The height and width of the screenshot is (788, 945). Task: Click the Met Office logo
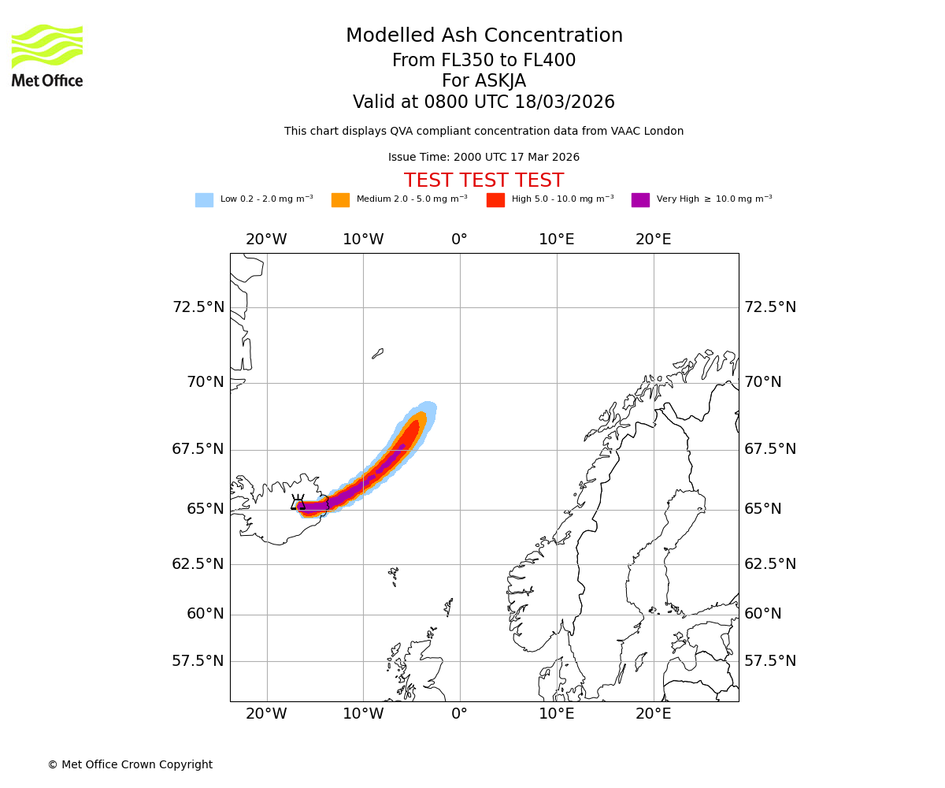click(x=47, y=55)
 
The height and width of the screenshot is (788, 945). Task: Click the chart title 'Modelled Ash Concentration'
click(x=484, y=36)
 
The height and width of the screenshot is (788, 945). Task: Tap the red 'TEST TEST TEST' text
click(x=484, y=181)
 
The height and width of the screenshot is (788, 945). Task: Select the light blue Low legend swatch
click(x=204, y=200)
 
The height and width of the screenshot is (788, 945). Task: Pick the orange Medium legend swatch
click(x=340, y=200)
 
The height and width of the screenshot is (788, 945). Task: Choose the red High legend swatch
click(x=495, y=200)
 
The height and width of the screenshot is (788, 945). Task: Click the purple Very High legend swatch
click(x=640, y=200)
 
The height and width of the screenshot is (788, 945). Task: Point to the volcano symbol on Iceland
click(x=298, y=504)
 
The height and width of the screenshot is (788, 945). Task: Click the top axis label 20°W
click(x=266, y=240)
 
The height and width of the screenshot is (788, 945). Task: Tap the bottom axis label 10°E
click(x=557, y=714)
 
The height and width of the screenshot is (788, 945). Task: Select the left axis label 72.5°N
click(x=198, y=307)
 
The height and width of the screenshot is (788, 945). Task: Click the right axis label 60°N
click(x=763, y=614)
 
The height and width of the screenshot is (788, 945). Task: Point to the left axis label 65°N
click(x=206, y=509)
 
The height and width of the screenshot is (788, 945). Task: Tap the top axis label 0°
click(x=460, y=240)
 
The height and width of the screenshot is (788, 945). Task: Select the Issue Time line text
click(x=484, y=158)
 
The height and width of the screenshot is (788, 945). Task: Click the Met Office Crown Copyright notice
click(x=130, y=765)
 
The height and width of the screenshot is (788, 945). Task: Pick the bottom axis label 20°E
click(x=654, y=714)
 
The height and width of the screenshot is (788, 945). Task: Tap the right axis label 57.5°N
click(x=770, y=661)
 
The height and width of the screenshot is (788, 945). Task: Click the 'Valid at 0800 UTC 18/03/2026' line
click(x=484, y=102)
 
